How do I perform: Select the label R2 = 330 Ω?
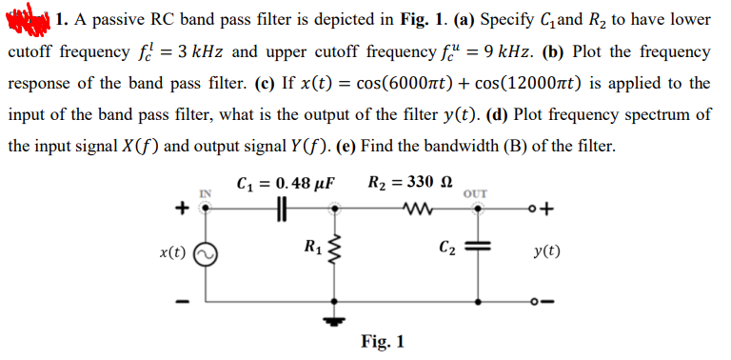[x=408, y=182]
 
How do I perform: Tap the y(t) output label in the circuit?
[x=548, y=253]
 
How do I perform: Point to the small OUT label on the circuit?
[x=473, y=195]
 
